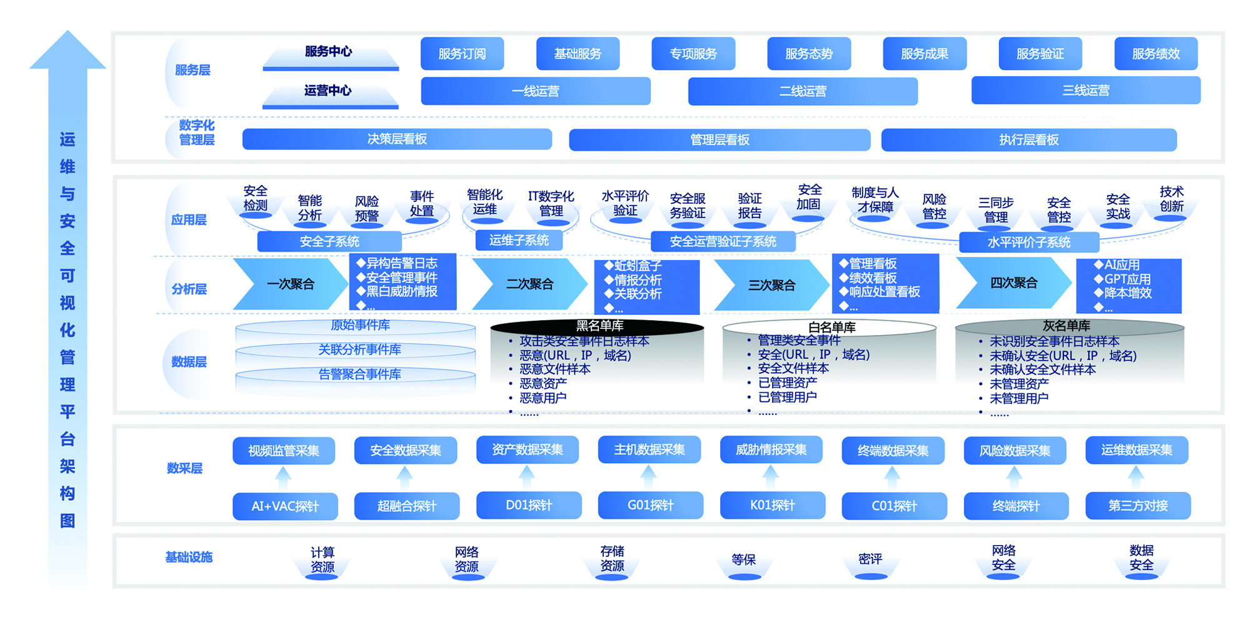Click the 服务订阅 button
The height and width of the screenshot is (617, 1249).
point(462,54)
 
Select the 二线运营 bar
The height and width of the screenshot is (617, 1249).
point(803,91)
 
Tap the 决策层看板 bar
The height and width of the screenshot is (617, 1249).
point(397,139)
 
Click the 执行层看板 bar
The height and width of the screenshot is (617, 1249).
point(1028,140)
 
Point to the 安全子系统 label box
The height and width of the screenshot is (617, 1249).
point(329,241)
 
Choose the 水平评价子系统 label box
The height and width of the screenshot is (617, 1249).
point(1029,242)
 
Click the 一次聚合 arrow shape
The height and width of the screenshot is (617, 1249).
point(290,284)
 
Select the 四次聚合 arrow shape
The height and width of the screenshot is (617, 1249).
point(1013,283)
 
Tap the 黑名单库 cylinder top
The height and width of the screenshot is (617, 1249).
point(598,326)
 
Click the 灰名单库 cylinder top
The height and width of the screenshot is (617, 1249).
point(1068,326)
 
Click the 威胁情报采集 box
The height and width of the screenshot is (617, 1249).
point(771,450)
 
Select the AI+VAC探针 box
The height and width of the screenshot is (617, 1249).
point(285,506)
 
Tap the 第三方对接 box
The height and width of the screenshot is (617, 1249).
point(1138,506)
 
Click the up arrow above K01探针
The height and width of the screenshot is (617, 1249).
point(771,476)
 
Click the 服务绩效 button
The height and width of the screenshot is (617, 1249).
point(1156,54)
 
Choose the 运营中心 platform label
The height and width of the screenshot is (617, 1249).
point(329,91)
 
